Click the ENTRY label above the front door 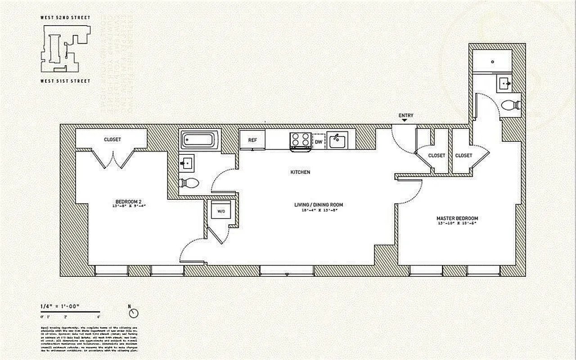coord(405,116)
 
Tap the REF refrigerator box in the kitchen coord(252,140)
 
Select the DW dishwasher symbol coord(319,142)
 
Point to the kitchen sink coord(337,140)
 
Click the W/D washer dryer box coord(221,211)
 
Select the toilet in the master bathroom coord(510,105)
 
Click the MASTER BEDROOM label coord(457,219)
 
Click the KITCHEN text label coord(300,172)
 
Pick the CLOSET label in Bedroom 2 coord(112,139)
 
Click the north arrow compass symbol coord(133,313)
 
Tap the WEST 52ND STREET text coord(65,18)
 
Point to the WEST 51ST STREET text coord(65,81)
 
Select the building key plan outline coord(65,49)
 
